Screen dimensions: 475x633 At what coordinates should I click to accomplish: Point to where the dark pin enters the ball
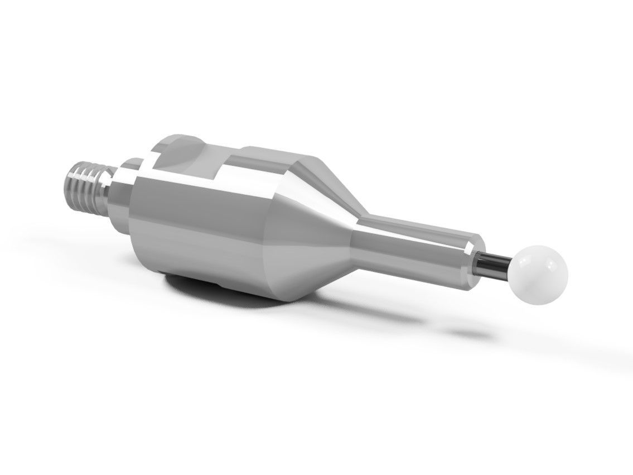point(511,265)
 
